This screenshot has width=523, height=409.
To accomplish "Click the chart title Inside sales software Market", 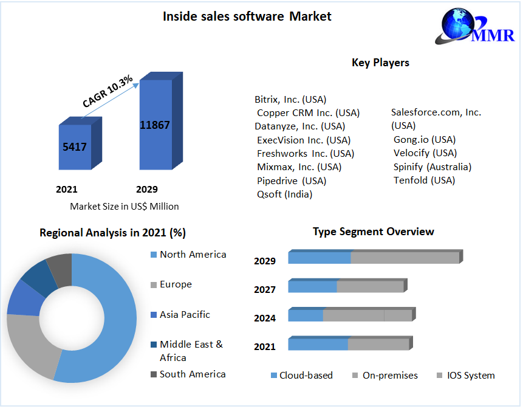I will tap(247, 16).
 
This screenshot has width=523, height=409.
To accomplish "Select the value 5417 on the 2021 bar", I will tap(74, 146).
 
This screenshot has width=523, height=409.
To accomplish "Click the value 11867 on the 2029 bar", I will tap(155, 125).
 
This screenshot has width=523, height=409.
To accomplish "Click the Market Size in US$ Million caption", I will tap(125, 206).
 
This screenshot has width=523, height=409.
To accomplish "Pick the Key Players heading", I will tap(380, 63).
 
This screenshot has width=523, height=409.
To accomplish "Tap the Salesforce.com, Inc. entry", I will tap(436, 112).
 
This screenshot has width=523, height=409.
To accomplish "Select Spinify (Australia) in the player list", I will tap(432, 167).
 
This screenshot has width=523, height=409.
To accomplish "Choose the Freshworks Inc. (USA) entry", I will tap(305, 153).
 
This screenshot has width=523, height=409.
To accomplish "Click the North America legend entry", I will tap(192, 255).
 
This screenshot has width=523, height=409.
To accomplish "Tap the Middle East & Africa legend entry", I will tap(191, 351).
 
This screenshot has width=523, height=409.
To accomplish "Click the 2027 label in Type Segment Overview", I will tap(265, 290).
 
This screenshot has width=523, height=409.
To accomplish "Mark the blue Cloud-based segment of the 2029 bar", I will tap(320, 257).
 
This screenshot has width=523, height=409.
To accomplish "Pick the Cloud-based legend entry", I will tap(306, 376).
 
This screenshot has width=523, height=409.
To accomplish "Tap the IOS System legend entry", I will tap(470, 376).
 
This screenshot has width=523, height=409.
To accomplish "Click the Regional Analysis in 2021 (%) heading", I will tap(112, 233).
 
